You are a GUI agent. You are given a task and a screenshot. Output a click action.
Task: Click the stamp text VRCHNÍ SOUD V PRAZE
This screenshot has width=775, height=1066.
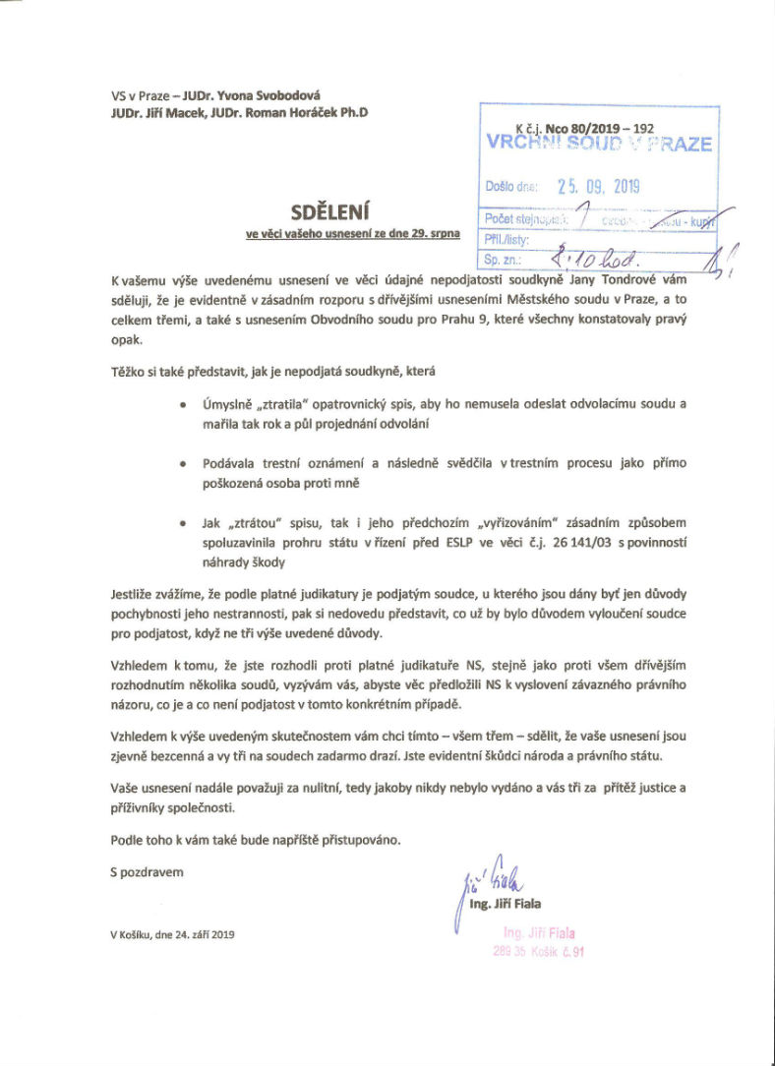tap(599, 144)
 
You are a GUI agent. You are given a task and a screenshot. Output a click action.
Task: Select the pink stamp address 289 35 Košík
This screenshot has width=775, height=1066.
tap(539, 951)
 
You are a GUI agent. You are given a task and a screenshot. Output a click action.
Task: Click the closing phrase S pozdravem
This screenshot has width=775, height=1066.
tap(147, 871)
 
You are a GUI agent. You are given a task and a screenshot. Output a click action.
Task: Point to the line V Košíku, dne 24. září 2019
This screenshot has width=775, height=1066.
tap(172, 934)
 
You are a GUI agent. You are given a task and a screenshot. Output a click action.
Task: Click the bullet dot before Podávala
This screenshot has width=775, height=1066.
tap(188, 461)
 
